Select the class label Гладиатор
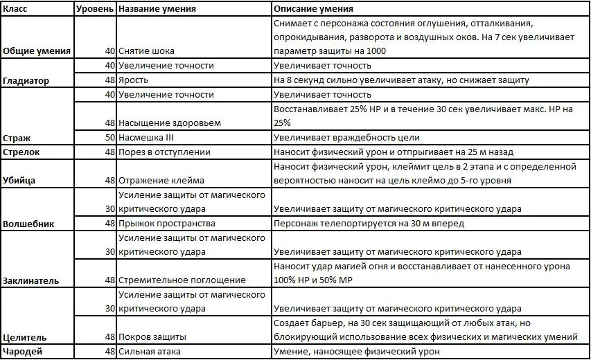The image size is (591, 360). [x=26, y=80]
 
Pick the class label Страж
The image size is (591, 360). [x=17, y=138]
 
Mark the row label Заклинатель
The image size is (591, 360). [x=31, y=281]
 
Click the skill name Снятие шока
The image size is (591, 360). [x=146, y=51]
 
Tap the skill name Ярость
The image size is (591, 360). [x=133, y=80]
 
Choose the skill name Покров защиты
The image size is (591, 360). [x=152, y=338]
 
